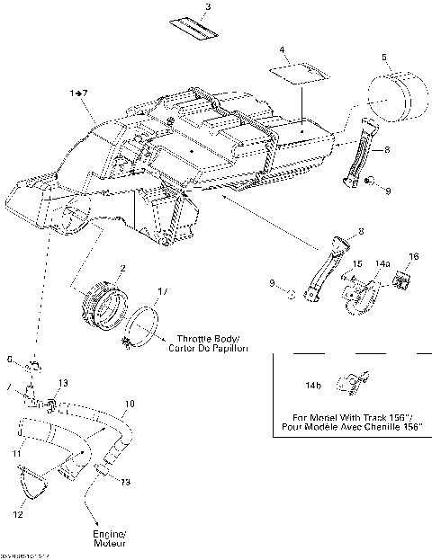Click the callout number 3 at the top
pos(208,8)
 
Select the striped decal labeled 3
pos(195,30)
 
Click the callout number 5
pos(384,58)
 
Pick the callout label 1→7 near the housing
pos(78,93)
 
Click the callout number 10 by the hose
pos(130,404)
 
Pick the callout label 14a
pos(383,263)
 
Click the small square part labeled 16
pos(403,281)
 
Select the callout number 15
pos(356,263)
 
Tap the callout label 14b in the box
pos(313,385)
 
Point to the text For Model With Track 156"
pos(349,417)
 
